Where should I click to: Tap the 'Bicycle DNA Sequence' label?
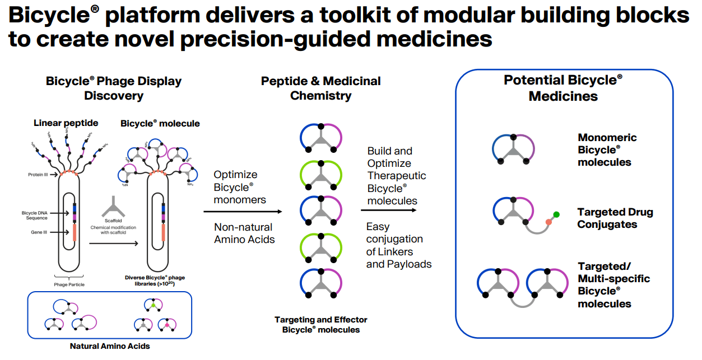coord(36,215)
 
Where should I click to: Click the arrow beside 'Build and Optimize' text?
coord(389,210)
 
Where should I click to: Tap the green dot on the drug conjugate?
coord(556,214)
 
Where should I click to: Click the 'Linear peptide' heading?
coord(66,123)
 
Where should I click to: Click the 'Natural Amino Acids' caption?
coord(110,346)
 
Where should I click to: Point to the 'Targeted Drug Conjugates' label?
coord(615,218)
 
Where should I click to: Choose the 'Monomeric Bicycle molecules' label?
coord(607,149)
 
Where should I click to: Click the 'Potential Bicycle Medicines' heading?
coord(563,88)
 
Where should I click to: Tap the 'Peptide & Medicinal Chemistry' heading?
coord(320,88)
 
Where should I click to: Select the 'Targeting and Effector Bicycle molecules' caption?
coord(320,325)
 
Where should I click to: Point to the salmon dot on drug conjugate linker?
coord(548,222)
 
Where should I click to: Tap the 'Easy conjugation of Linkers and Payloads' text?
coord(398,245)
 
